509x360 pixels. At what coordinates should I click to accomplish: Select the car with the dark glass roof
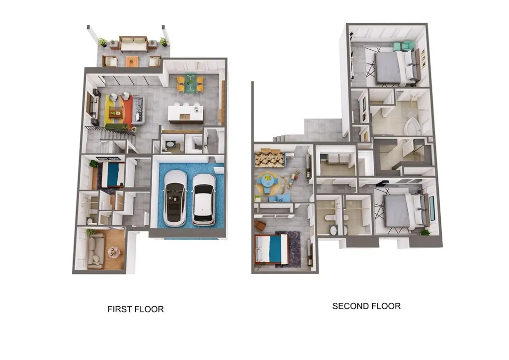pos(175,198)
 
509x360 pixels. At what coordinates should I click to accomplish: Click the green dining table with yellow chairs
pos(190,83)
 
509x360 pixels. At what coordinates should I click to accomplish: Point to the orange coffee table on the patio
pos(132,61)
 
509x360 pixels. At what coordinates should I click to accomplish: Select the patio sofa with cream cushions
pos(134,44)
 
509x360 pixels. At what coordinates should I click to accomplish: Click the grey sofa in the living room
pos(138,111)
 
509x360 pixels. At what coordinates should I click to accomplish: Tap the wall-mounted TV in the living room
pos(90,104)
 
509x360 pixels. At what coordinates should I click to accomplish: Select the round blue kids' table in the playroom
pos(267,182)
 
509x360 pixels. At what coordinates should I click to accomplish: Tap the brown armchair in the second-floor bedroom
pos(259,225)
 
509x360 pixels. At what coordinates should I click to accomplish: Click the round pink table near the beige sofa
pos(114,252)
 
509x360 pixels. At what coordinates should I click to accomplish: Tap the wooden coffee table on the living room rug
pos(115,112)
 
